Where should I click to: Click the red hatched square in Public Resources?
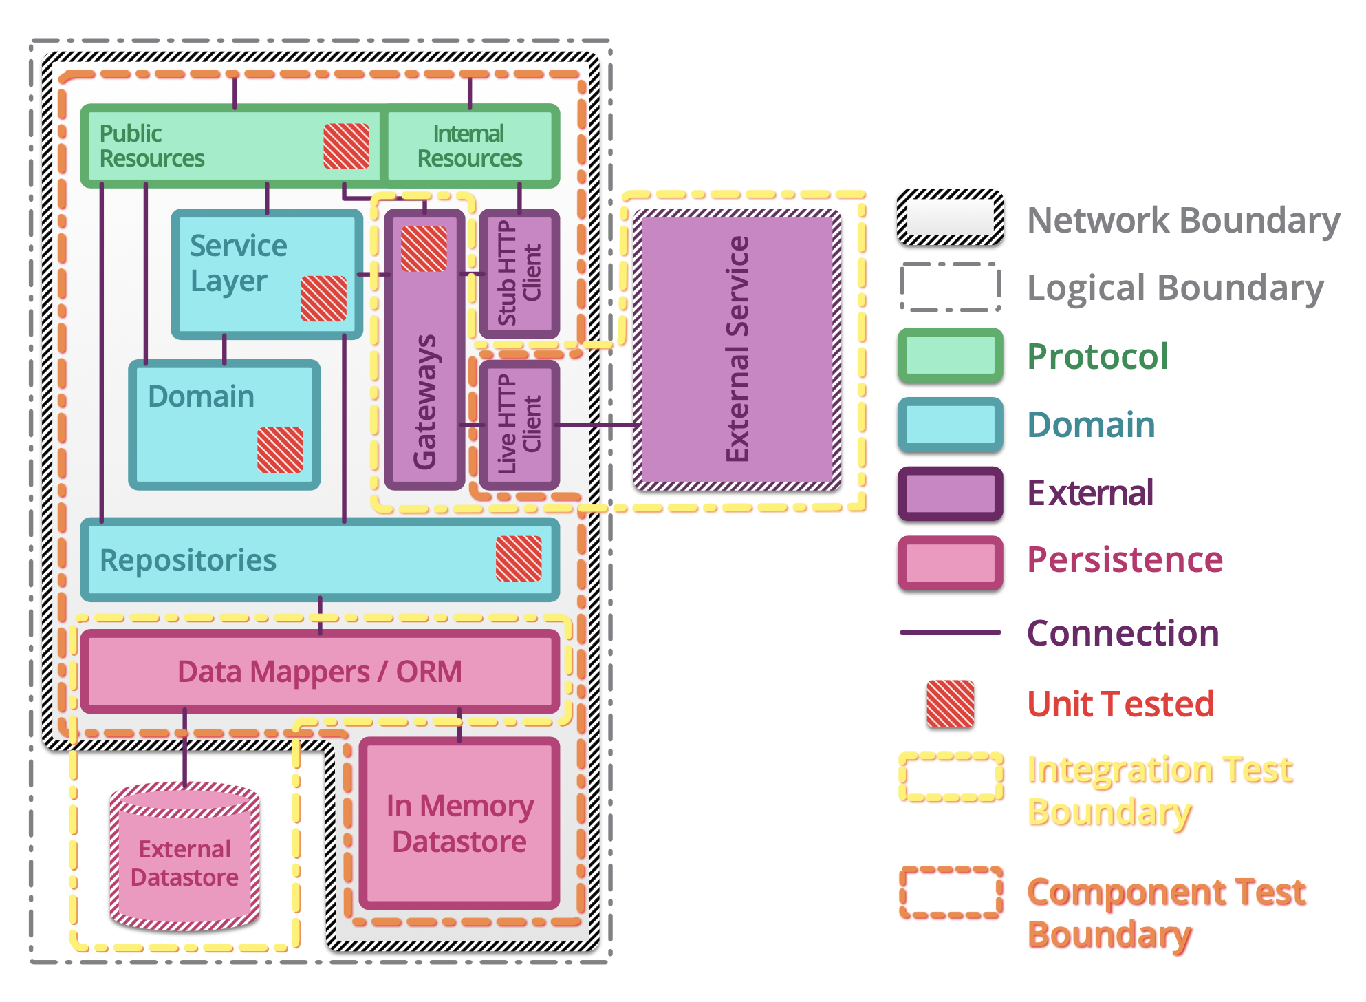(347, 146)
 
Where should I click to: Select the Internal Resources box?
(470, 146)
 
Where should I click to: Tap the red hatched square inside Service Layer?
(323, 299)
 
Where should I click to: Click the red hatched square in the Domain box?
(280, 450)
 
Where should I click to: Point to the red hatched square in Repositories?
(519, 559)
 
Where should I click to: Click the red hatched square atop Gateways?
(424, 248)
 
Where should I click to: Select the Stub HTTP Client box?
(519, 273)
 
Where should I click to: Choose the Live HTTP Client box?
(519, 425)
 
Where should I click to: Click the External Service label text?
(737, 349)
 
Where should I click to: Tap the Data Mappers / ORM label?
(320, 672)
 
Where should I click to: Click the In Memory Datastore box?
(459, 823)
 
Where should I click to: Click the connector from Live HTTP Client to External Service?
(597, 425)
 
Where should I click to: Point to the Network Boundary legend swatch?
(950, 218)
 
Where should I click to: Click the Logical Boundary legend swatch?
(950, 287)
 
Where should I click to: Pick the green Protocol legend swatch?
(950, 356)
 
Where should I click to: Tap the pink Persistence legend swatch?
(950, 562)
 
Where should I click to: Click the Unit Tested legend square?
(950, 704)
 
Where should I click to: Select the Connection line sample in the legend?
(950, 632)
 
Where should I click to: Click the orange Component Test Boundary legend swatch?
(950, 893)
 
